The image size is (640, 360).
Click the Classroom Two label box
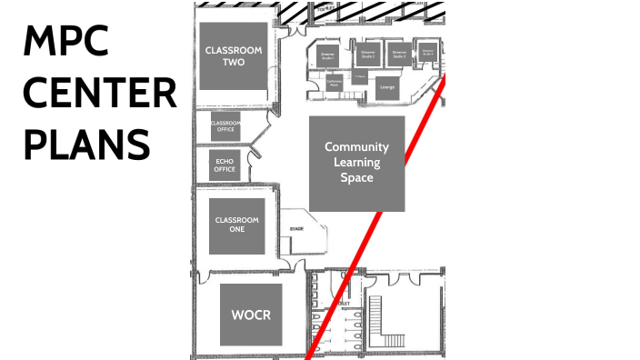point(234,56)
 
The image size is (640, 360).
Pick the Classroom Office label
point(224,127)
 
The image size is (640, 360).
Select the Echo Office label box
point(224,165)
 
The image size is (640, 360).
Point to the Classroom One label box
point(236,225)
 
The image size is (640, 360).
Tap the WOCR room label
point(251,315)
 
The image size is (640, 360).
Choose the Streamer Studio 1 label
point(328,55)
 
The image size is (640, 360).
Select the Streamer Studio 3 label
point(398,54)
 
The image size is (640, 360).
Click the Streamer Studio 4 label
point(427,53)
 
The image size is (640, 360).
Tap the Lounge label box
point(388,86)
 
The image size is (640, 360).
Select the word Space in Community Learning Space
point(356,177)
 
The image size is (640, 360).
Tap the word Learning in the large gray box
point(356,162)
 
